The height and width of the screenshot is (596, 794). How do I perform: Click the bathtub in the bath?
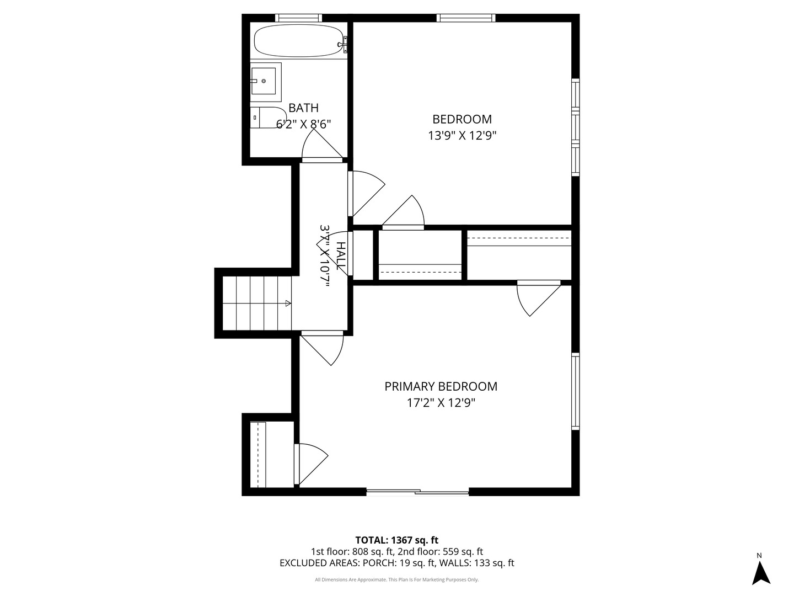(x=299, y=40)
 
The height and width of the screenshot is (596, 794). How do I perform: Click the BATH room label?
(x=303, y=108)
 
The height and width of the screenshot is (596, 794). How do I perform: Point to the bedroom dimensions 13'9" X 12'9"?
(x=462, y=136)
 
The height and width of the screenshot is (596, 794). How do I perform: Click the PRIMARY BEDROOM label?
(x=441, y=386)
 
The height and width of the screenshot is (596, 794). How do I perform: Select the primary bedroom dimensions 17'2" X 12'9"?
(x=441, y=403)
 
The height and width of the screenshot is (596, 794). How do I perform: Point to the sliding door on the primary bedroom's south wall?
(x=417, y=492)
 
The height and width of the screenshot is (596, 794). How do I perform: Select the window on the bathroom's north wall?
(x=298, y=18)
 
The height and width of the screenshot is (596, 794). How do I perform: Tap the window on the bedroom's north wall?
(x=466, y=18)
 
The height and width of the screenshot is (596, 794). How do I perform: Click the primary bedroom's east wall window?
(x=576, y=391)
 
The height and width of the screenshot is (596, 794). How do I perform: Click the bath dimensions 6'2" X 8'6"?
(x=303, y=124)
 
